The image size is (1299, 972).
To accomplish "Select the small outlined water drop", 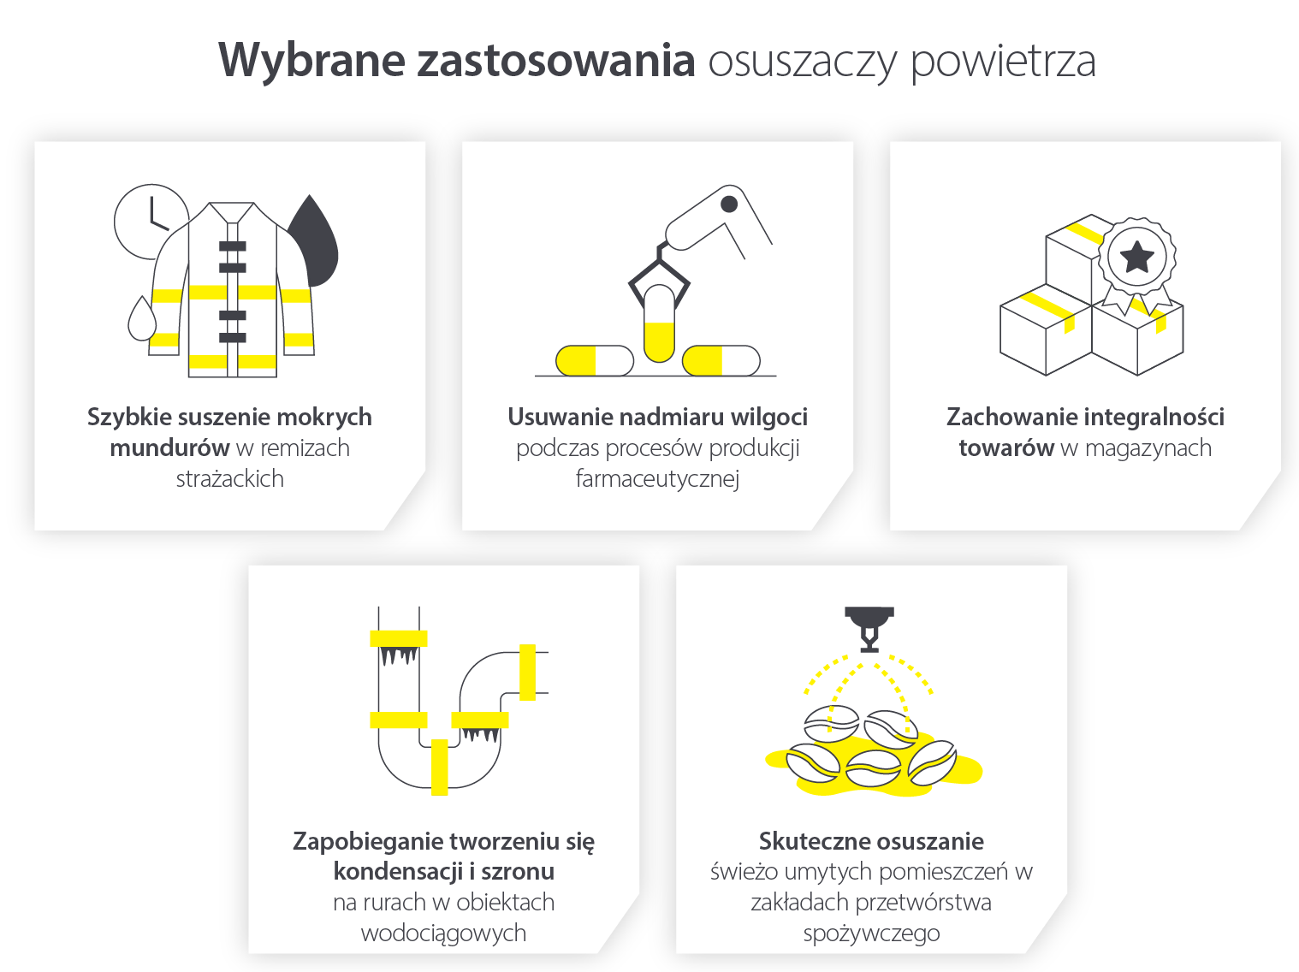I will click(142, 320).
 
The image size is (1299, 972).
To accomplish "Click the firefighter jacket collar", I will click(232, 212).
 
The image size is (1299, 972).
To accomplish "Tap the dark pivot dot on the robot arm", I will click(729, 204).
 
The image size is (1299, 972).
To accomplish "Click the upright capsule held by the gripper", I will click(659, 323).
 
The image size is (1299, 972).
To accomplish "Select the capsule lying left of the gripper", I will click(594, 361).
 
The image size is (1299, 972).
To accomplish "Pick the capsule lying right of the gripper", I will click(721, 361).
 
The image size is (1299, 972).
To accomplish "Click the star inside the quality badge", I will click(1136, 256).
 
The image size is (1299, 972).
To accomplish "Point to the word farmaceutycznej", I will click(657, 479).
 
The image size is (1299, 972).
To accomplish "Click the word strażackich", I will click(229, 479).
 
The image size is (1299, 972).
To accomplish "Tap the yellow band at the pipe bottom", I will click(439, 767).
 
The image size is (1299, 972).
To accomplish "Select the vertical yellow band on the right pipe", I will click(527, 672).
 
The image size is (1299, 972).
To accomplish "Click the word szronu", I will click(518, 872).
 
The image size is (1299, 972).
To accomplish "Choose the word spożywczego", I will click(871, 933).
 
